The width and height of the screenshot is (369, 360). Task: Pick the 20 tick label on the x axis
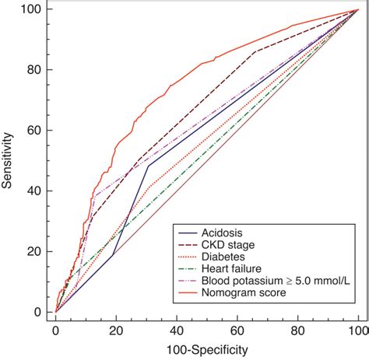(x=116, y=330)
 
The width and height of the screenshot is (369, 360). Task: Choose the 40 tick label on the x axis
(x=177, y=330)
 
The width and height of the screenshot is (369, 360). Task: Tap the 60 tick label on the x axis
(x=237, y=330)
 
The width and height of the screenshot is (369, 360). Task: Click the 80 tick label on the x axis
(x=298, y=330)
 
